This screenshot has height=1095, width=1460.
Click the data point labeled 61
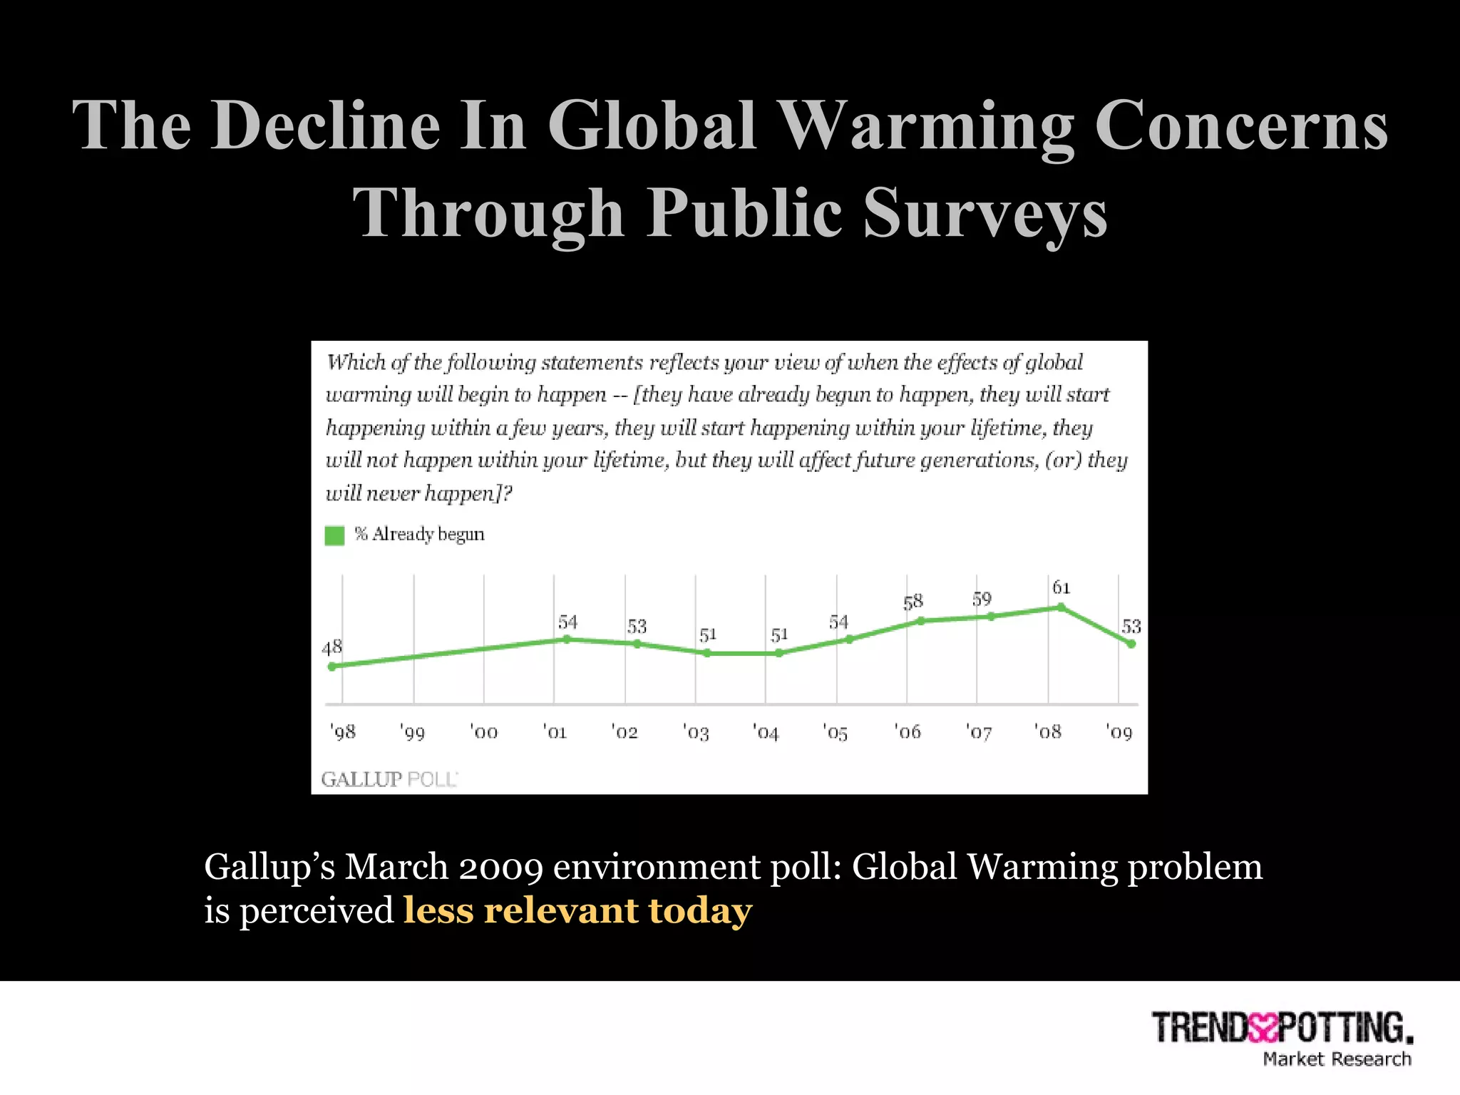point(1061,607)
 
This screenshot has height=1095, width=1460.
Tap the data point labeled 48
point(331,667)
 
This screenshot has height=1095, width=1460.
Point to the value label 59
point(982,599)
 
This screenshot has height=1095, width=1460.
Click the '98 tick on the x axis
point(343,732)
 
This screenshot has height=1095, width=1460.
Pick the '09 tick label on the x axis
point(1119,732)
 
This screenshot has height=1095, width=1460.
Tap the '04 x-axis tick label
point(766,732)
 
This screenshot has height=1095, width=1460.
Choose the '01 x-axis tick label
point(555,732)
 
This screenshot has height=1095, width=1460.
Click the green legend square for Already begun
point(334,535)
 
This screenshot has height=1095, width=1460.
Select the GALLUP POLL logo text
point(389,779)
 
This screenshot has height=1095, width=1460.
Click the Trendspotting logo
point(1282,1028)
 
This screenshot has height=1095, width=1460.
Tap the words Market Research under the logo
point(1337,1059)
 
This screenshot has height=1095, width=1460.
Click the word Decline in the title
point(325,125)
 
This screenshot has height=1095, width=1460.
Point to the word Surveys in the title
point(985,213)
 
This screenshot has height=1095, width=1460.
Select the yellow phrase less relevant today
point(577,910)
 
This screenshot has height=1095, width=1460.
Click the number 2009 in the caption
point(500,868)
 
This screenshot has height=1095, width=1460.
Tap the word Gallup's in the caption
point(269,868)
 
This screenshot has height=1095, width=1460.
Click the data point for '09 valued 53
point(1131,644)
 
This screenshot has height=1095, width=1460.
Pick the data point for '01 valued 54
point(567,639)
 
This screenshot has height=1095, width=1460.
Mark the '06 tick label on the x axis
point(908,732)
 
